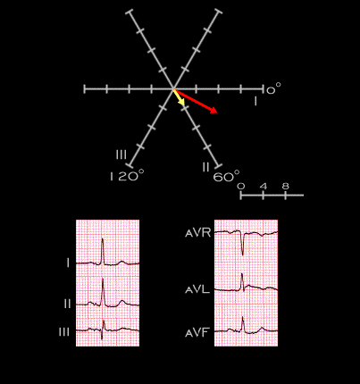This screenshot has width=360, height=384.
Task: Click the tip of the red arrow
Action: coord(217,113)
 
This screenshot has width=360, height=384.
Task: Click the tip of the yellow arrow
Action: coord(184,105)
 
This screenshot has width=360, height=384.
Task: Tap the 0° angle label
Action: coord(273,88)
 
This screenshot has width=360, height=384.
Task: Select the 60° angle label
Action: coord(226,177)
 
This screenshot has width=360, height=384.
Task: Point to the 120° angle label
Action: coord(127,176)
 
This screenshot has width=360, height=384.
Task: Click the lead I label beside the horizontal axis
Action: coord(255,102)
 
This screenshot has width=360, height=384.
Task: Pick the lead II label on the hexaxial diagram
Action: coord(205,167)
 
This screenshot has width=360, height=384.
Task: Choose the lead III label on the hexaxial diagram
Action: coord(121,154)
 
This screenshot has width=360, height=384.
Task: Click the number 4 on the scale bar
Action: coord(264,187)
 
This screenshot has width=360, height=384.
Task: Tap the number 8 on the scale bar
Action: coord(285,187)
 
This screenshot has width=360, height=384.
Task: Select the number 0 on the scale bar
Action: coord(241,187)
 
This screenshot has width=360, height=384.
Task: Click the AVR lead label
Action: coord(198,233)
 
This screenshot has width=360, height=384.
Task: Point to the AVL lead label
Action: coord(197,289)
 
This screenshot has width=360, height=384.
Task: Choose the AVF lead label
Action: coord(197,332)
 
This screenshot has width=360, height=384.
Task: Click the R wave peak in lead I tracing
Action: coord(103,238)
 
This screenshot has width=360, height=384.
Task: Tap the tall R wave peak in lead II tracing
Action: coord(103,279)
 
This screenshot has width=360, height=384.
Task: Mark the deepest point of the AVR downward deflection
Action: coord(243,255)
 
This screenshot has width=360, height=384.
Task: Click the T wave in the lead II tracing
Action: coord(121,302)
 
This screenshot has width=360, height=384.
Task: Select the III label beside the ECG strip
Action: coord(64,332)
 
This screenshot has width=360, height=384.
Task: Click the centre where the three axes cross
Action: coord(173,88)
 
